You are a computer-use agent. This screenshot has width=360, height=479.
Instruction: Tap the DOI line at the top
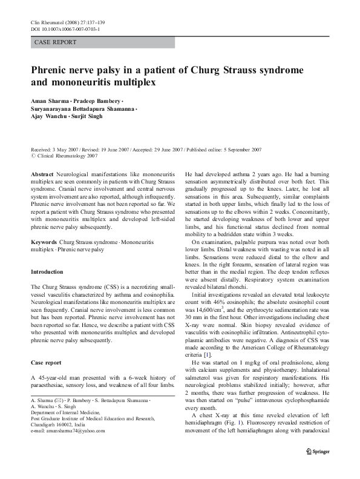(x=65, y=28)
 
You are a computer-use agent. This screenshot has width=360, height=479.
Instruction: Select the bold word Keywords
(x=45, y=242)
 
